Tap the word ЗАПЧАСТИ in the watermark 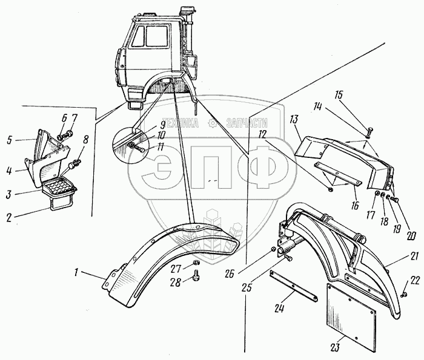click(x=247, y=123)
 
